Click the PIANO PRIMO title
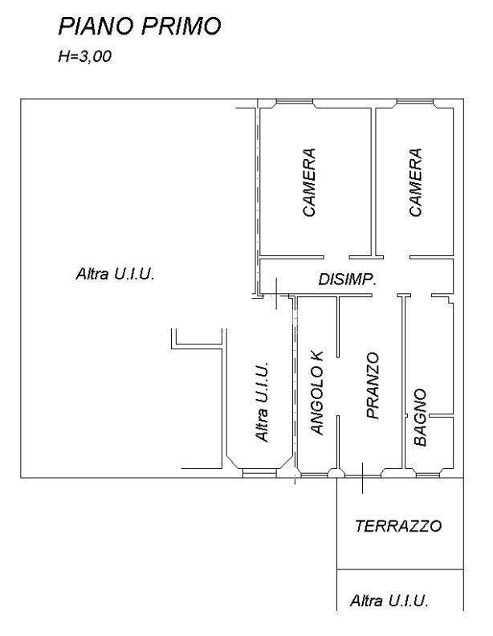[140, 26]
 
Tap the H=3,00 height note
[85, 56]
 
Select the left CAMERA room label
[309, 182]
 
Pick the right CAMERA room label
[416, 182]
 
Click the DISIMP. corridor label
[347, 279]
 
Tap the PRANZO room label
[373, 385]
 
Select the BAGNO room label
[421, 418]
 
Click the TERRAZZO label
[398, 526]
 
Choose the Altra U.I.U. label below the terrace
[389, 601]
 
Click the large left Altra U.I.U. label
[115, 274]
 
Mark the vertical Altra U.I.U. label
[262, 402]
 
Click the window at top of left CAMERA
[295, 101]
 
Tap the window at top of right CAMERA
[415, 101]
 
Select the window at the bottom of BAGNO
[427, 475]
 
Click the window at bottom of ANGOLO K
[315, 475]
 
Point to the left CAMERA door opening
[336, 257]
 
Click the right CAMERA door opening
[397, 257]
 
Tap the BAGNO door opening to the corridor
[418, 295]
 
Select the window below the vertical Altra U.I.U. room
[259, 472]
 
